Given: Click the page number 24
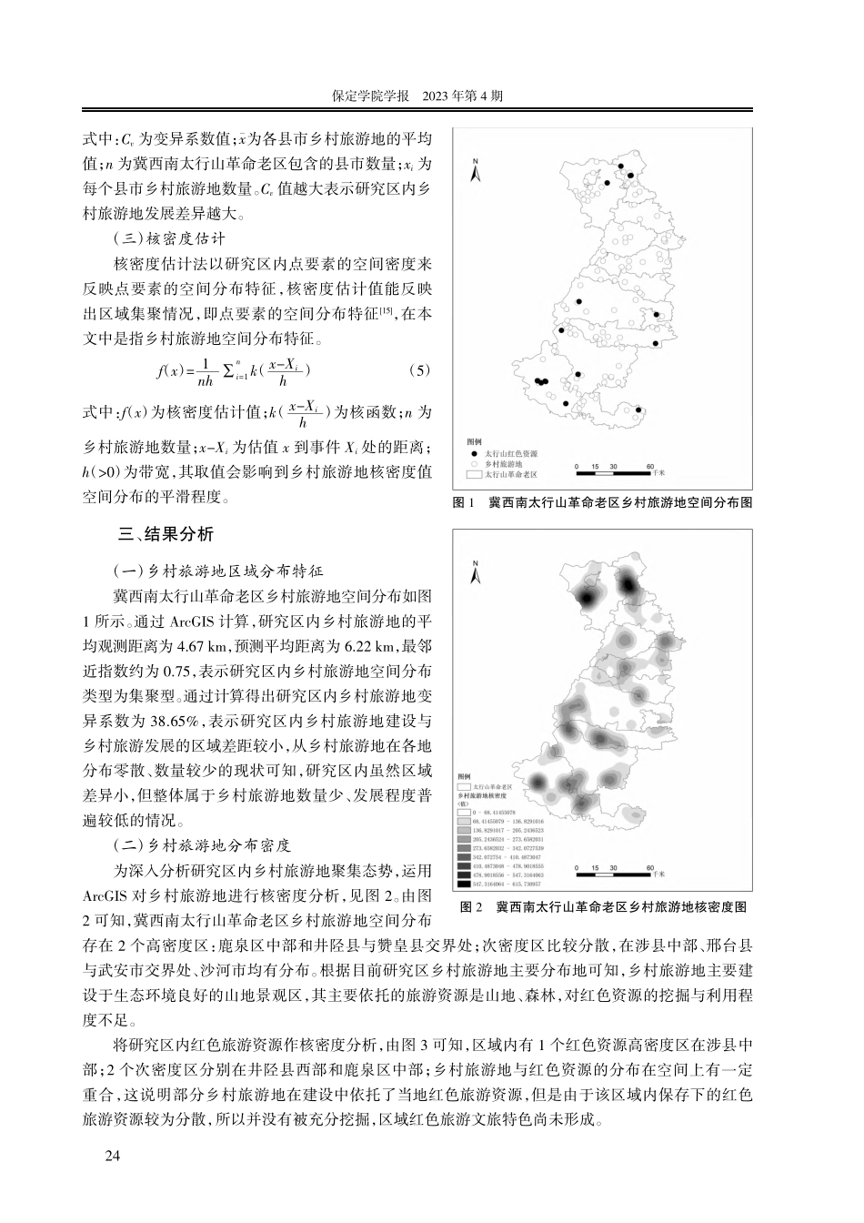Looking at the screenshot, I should coord(113,1156).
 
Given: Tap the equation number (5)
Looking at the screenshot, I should coord(419,370).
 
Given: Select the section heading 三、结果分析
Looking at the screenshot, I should coord(160,533).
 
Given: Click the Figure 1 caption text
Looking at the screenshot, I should coord(602,502).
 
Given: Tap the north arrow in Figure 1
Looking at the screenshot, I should coord(475,168).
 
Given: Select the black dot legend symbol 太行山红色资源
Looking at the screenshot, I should coord(473,453).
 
